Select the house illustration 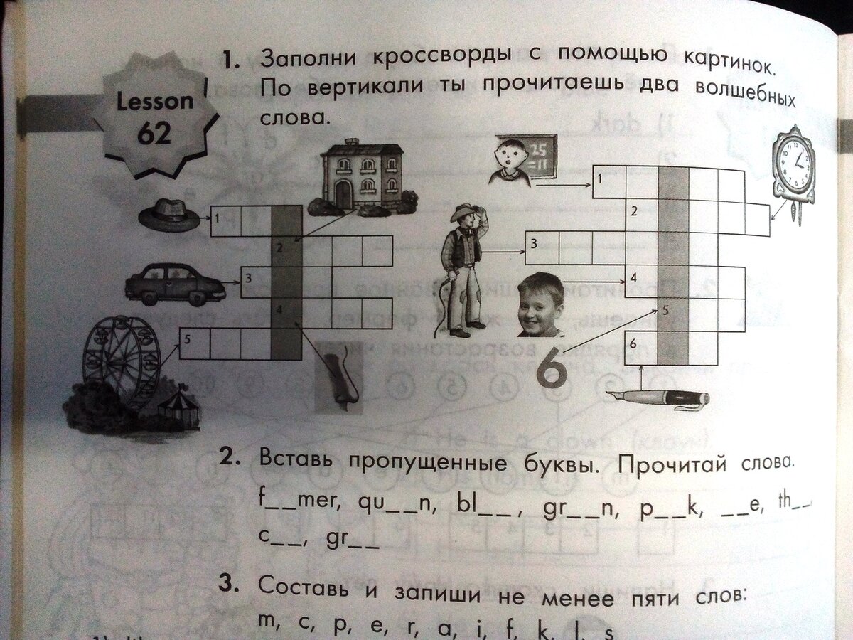pyautogui.click(x=362, y=176)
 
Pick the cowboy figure pyautogui.click(x=463, y=269)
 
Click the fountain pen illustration pyautogui.click(x=658, y=398)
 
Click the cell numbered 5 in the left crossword pyautogui.click(x=195, y=343)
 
